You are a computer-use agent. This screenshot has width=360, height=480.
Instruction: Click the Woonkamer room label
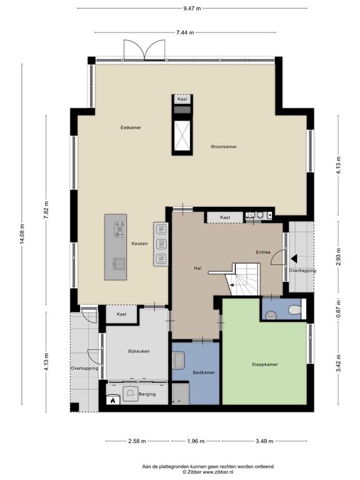point(224,147)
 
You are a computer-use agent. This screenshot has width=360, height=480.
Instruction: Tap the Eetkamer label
point(131,127)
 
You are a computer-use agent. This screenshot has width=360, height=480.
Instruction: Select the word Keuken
point(139,244)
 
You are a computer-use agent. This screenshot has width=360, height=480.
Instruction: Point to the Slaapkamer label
point(265,364)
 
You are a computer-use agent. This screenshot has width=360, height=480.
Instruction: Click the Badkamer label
point(204,372)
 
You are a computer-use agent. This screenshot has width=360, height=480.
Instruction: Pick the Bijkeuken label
point(139,351)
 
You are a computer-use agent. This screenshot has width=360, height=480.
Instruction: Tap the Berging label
point(147,394)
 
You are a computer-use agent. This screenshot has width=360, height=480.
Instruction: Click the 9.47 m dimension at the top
point(192,9)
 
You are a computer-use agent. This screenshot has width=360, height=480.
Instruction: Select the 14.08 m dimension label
point(22,234)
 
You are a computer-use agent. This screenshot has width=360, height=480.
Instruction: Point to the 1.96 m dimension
point(196,441)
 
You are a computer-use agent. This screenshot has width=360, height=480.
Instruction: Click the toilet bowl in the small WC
point(295,310)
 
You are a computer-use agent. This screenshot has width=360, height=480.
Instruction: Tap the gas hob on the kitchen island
point(120,229)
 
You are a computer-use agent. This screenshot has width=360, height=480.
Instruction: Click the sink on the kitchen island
point(119,264)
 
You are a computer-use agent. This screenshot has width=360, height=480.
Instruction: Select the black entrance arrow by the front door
point(294,259)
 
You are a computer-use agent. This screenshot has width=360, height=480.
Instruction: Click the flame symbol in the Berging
point(113,400)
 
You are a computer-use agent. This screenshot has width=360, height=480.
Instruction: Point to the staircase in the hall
point(243,279)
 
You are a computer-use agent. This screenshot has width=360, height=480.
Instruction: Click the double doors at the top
point(144,50)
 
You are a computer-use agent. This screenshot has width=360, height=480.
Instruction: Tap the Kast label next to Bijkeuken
point(121,314)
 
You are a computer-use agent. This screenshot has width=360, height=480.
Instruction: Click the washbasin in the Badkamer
point(178,361)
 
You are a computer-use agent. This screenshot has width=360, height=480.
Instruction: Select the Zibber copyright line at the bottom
point(207,472)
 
